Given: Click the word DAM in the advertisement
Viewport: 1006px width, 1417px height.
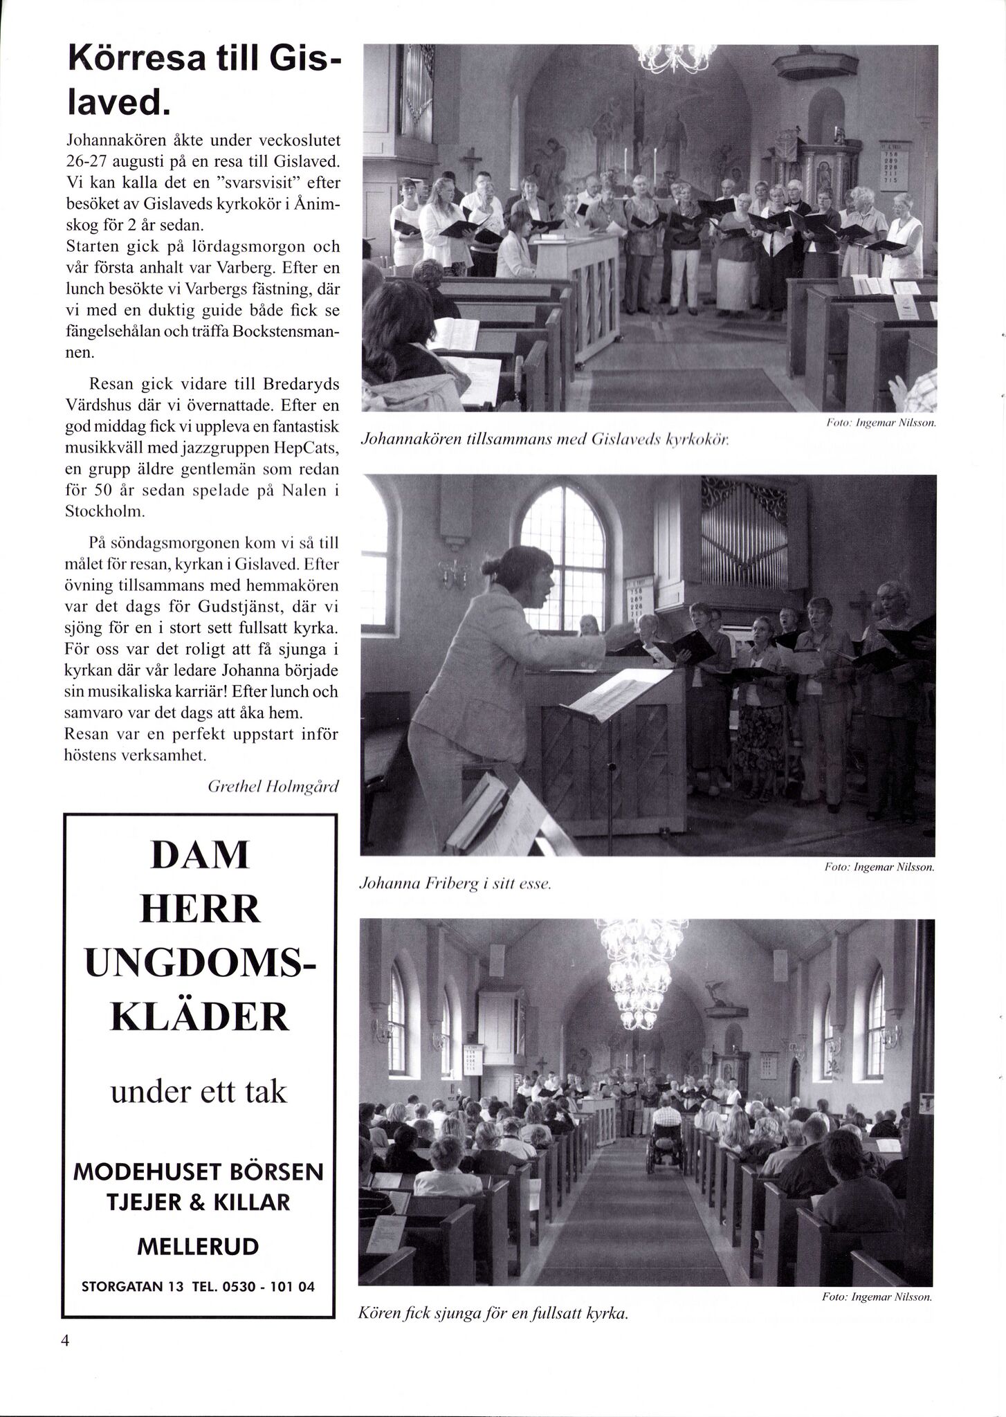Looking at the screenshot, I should click(199, 855).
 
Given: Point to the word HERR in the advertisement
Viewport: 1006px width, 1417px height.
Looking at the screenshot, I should click(199, 908).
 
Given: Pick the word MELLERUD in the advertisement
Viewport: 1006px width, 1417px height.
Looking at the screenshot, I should click(199, 1247).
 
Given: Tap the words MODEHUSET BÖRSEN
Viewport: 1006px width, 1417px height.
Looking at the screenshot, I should click(199, 1172).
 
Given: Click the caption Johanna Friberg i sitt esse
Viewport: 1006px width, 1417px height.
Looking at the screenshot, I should click(455, 884).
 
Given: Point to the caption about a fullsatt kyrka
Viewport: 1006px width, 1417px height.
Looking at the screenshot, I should click(493, 1313).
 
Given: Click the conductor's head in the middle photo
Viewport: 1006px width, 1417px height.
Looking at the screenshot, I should click(529, 571).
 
